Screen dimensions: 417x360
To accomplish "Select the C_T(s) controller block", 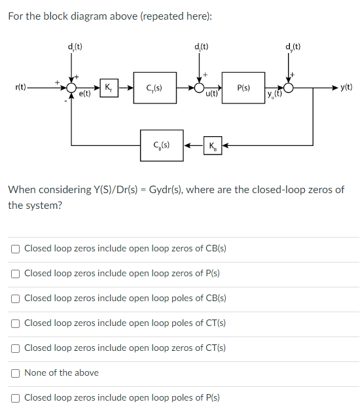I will (x=155, y=88).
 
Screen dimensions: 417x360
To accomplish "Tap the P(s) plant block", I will (x=242, y=88).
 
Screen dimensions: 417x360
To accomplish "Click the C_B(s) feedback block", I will (x=159, y=144).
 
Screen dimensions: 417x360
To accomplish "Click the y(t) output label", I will (x=346, y=87).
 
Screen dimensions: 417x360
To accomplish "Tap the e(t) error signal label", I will (x=85, y=95).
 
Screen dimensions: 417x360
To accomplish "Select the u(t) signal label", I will (x=211, y=95).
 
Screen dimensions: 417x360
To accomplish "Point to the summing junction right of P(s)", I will (x=289, y=87).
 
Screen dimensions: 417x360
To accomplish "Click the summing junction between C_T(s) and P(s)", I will (x=199, y=87).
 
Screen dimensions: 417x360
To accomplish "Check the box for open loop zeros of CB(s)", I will (x=15, y=249).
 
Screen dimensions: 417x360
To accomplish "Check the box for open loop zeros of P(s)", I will (x=15, y=274).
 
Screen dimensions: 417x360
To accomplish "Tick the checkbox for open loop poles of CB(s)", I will (x=15, y=299).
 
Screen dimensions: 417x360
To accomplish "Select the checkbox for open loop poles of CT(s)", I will (x=15, y=323).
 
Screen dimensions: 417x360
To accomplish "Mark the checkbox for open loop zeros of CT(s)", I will (x=15, y=348).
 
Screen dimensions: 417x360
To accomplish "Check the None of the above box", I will (x=15, y=373).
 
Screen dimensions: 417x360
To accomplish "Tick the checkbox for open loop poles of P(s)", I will (x=15, y=398).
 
